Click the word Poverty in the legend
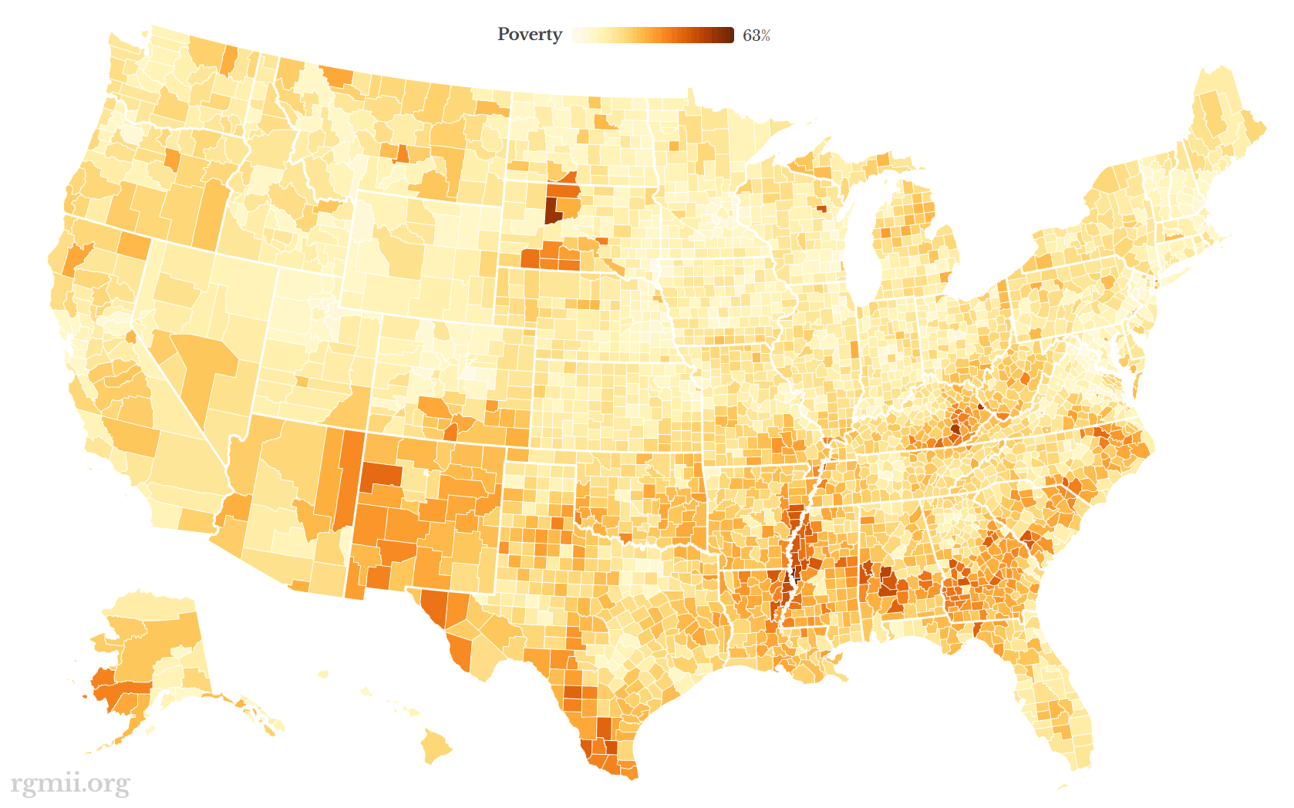pyautogui.click(x=529, y=35)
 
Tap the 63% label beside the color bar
pyautogui.click(x=756, y=35)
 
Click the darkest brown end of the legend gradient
pyautogui.click(x=729, y=35)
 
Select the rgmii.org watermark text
pyautogui.click(x=70, y=783)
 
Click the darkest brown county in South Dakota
pyautogui.click(x=551, y=210)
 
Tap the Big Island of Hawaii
pyautogui.click(x=436, y=746)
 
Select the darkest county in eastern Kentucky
pyautogui.click(x=955, y=429)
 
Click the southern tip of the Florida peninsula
pyautogui.click(x=1080, y=763)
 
